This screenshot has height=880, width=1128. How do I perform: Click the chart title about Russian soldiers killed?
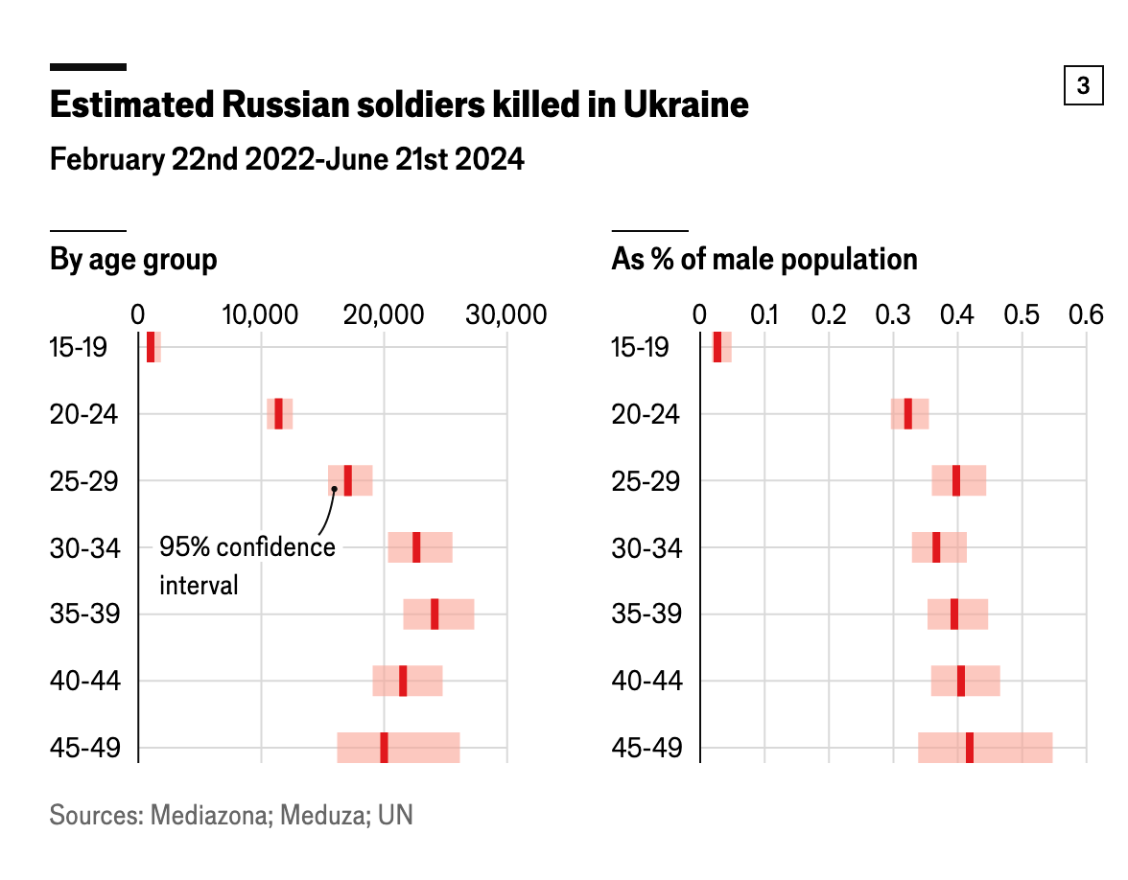pos(398,104)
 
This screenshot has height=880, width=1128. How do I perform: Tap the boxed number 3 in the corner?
pos(1083,86)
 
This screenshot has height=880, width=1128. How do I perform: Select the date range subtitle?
pos(287,159)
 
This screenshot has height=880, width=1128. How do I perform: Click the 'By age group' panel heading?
pos(133,260)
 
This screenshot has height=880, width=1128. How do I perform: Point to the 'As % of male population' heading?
pos(764,260)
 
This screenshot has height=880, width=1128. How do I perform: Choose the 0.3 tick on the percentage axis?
pos(893,314)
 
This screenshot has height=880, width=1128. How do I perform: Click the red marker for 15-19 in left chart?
pos(151,347)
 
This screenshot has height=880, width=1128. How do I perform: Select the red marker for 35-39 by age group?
pos(435,614)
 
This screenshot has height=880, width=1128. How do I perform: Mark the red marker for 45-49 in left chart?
pos(384,748)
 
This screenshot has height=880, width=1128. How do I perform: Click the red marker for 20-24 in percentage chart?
pos(908,414)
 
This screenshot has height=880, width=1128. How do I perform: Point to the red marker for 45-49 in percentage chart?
pos(970,748)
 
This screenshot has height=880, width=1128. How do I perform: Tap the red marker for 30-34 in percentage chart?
pos(936,547)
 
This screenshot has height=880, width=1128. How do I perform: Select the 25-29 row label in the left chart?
pos(83,481)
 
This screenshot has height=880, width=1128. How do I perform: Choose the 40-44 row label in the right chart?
pos(646,681)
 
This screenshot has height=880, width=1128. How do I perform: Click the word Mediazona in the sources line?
pos(208,816)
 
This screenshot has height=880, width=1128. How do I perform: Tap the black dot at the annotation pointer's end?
pos(334,489)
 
